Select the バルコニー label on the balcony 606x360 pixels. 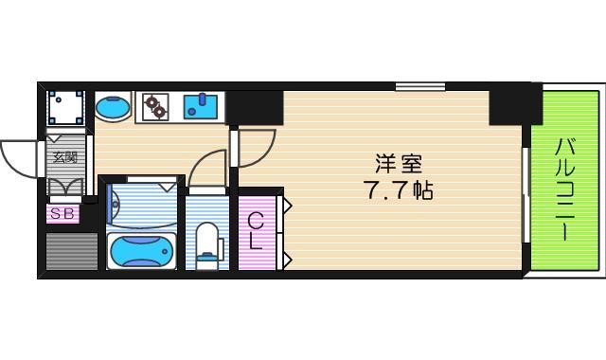[x=564, y=189]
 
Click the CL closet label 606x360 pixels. [x=255, y=231]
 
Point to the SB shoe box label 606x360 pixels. [x=62, y=214]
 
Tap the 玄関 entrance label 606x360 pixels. [x=65, y=158]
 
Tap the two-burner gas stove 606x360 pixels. [x=153, y=105]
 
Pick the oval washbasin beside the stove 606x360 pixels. [x=115, y=106]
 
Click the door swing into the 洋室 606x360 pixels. [x=254, y=147]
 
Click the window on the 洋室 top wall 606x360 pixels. [x=420, y=88]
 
